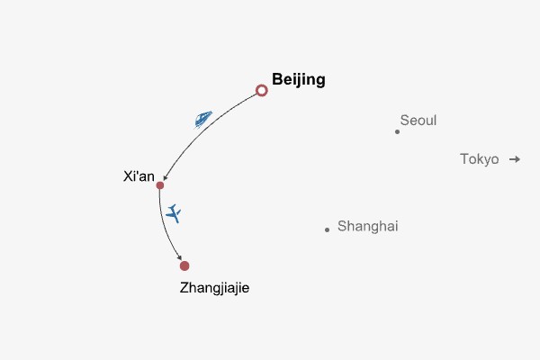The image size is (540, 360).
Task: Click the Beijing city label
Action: [298, 80]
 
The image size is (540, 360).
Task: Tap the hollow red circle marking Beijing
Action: [262, 90]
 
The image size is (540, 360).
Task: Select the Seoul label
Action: [418, 120]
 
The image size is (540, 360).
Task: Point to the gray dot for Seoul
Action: [397, 131]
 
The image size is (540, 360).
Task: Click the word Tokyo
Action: [479, 159]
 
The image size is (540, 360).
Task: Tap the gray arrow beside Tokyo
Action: [514, 159]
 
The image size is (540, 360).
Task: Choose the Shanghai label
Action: [367, 227]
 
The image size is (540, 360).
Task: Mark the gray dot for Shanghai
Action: [327, 229]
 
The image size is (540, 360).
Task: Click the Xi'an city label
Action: [139, 176]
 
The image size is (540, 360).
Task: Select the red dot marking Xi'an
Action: [160, 185]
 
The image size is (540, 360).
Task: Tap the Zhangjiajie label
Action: [214, 289]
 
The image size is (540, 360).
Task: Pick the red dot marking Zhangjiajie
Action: [184, 265]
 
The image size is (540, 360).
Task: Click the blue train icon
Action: [203, 118]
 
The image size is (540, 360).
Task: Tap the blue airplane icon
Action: [174, 214]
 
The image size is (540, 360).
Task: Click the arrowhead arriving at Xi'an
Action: [165, 180]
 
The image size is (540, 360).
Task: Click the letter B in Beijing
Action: [277, 80]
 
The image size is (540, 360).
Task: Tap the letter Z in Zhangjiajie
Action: [184, 289]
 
